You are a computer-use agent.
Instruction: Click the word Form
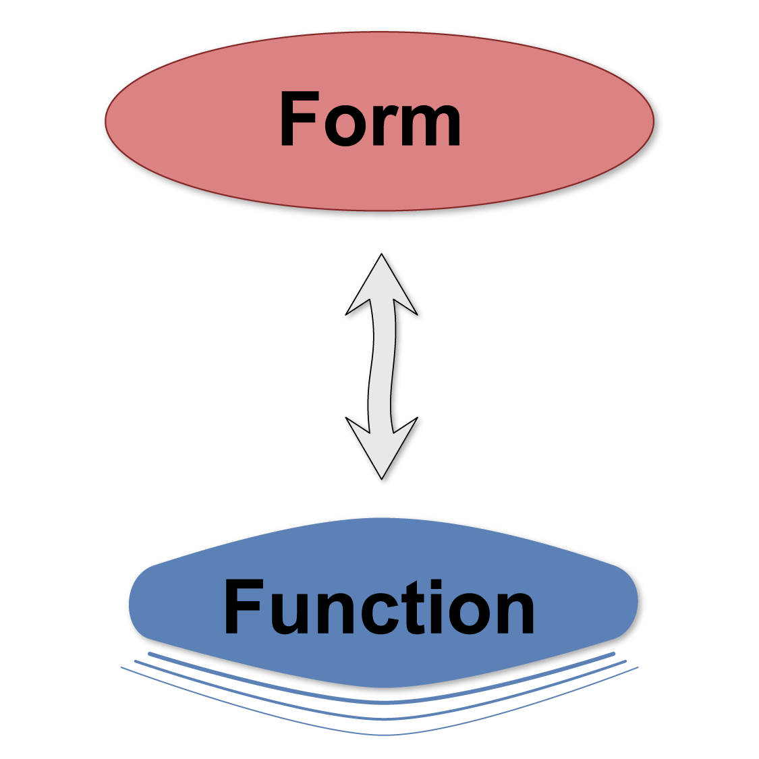pos(370,119)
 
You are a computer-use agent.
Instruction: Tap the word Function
pos(379,607)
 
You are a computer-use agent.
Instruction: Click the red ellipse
pos(202,121)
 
